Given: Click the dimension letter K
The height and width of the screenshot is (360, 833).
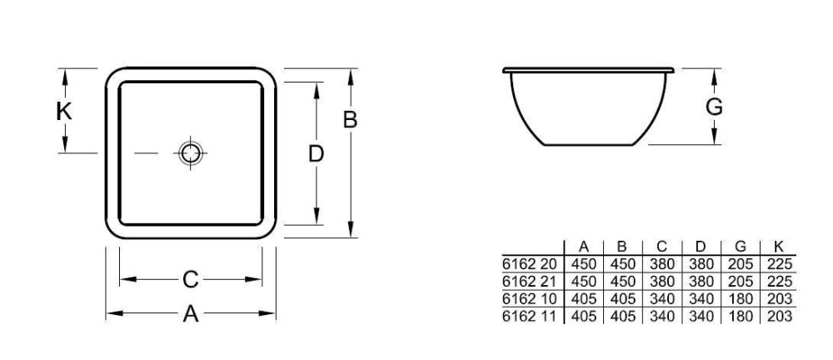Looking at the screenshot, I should tap(63, 111).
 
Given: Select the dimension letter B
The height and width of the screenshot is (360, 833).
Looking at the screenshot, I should tap(351, 120).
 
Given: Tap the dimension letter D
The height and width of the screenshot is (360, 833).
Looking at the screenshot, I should tap(316, 153).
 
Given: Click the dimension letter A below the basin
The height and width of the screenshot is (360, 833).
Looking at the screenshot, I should tap(191, 314).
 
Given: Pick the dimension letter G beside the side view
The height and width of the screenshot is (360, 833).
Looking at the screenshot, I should tap(714, 107).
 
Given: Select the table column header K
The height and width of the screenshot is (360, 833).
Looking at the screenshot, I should tap(778, 247).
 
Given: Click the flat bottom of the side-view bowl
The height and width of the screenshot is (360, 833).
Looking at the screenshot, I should tap(594, 145).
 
